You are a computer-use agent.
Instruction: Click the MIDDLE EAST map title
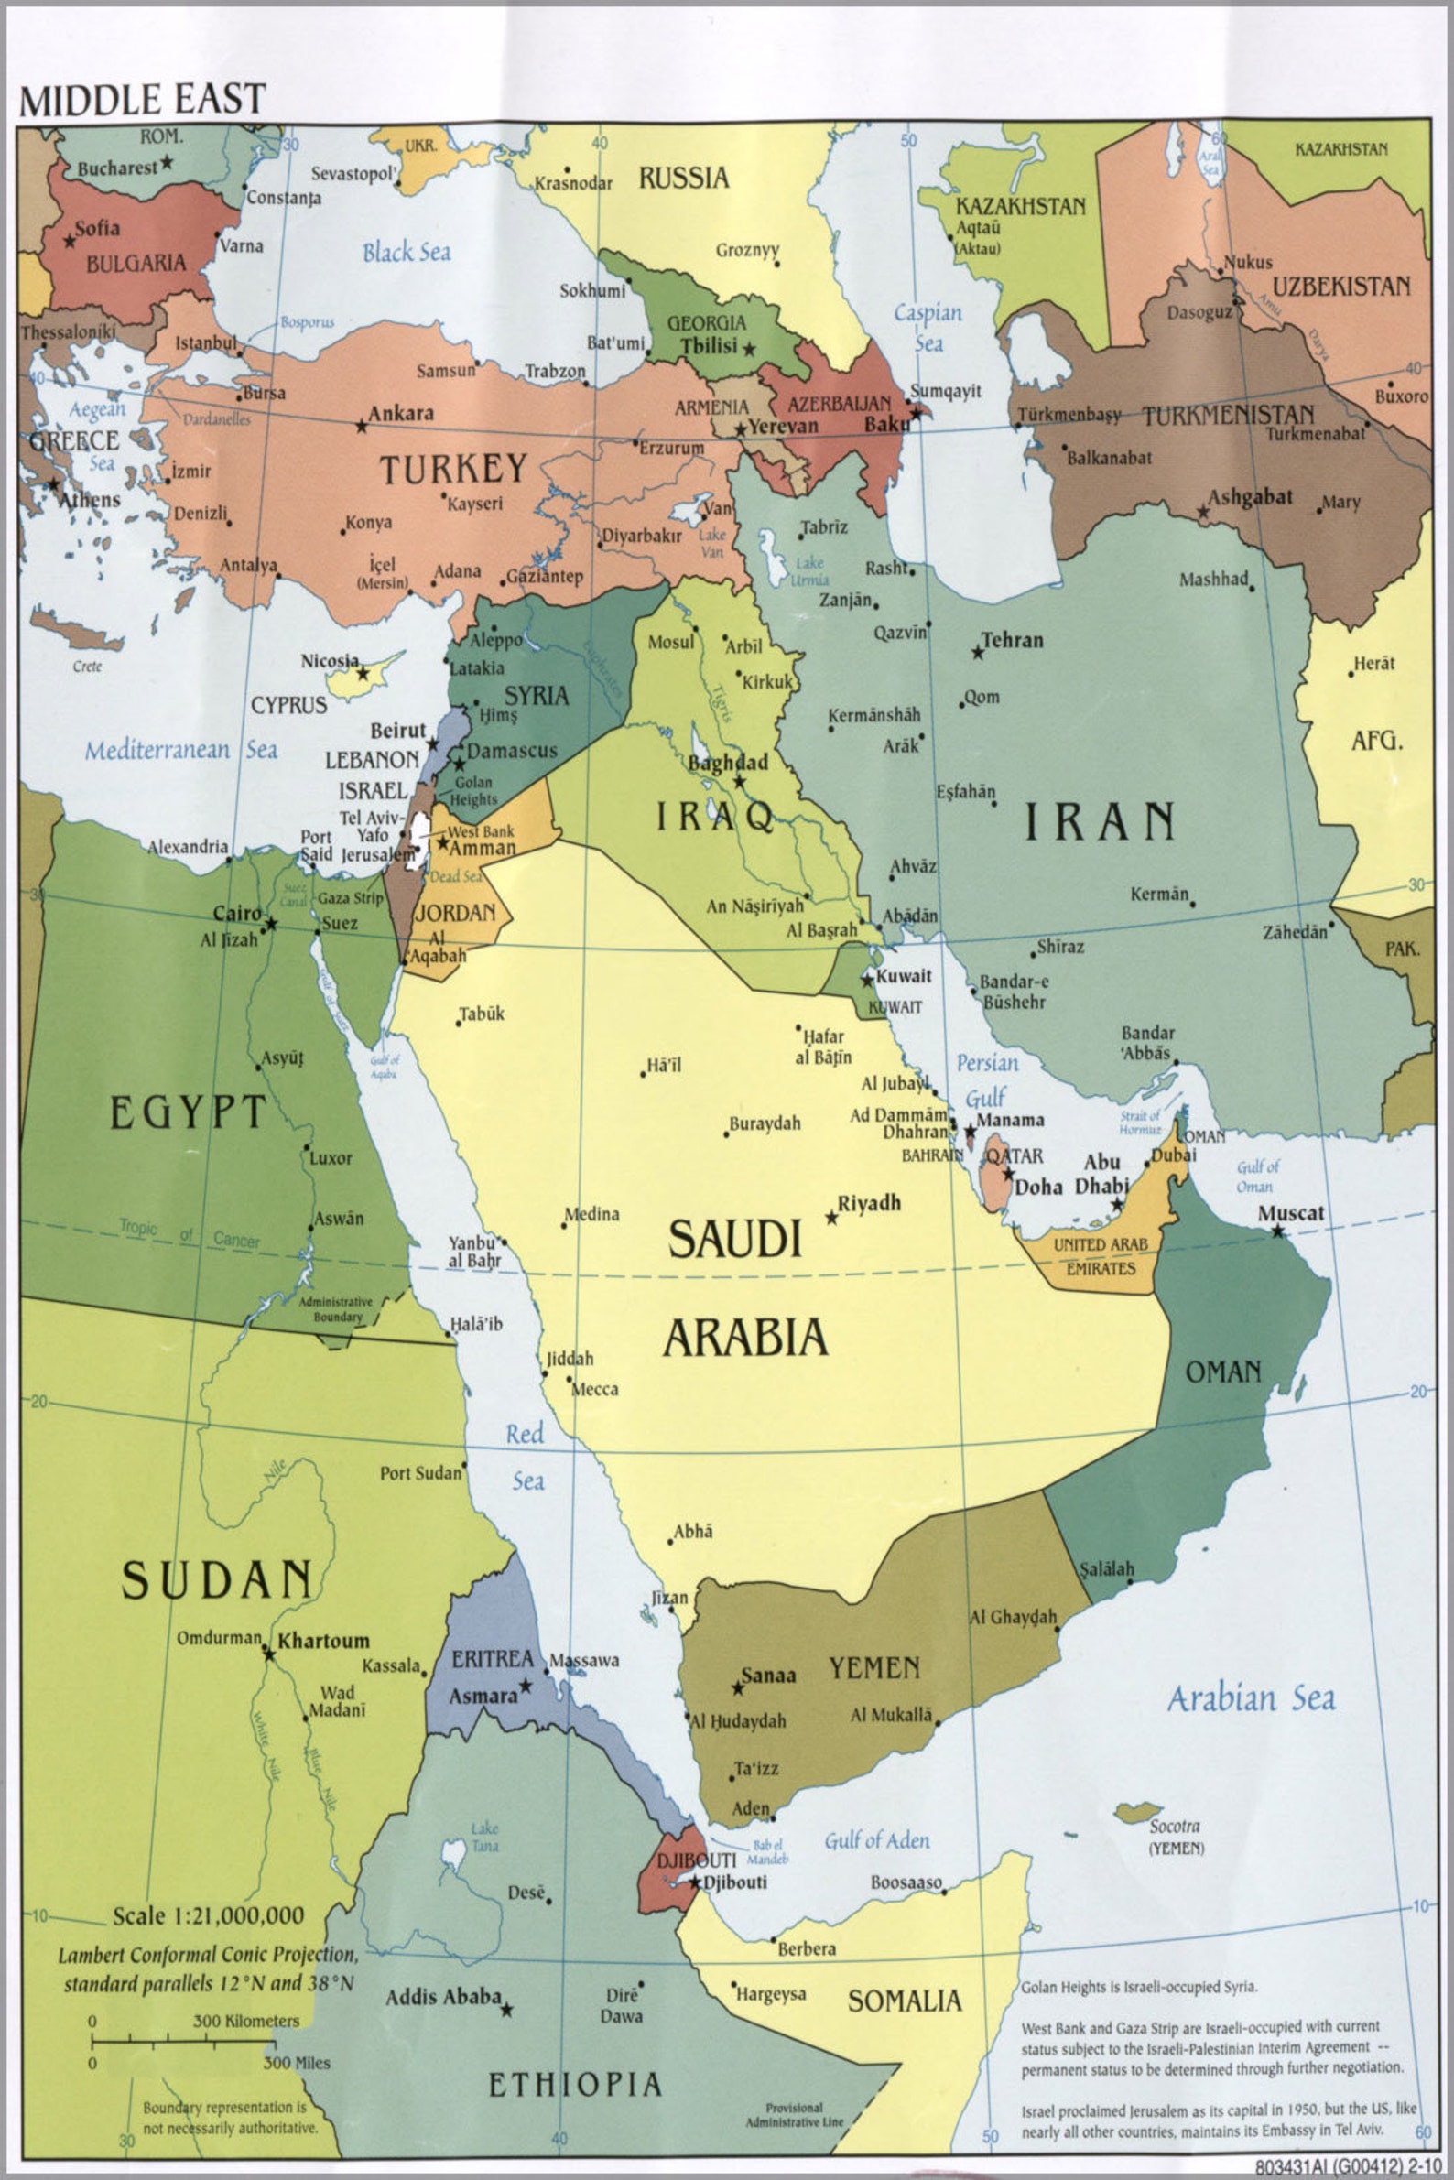tap(142, 98)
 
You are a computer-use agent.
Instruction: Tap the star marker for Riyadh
tap(831, 1218)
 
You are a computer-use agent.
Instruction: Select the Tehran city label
tap(1012, 640)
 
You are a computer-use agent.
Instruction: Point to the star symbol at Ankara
tap(361, 426)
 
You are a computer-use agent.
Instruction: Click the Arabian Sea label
tap(1250, 1698)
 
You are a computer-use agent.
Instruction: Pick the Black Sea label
tap(407, 252)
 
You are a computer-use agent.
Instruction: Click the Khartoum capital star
tap(268, 1654)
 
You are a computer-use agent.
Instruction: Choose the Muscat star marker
tap(1278, 1231)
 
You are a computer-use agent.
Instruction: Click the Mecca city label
tap(594, 1389)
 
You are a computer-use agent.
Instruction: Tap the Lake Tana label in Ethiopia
tap(484, 1836)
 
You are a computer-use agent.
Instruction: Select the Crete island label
tap(87, 666)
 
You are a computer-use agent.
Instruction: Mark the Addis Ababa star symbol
tap(506, 2010)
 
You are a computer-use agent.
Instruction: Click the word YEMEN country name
tap(873, 1669)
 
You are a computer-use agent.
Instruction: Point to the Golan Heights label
tap(473, 791)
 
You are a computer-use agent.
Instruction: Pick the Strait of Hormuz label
tap(1139, 1122)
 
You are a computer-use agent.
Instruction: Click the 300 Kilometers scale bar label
tap(245, 2021)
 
